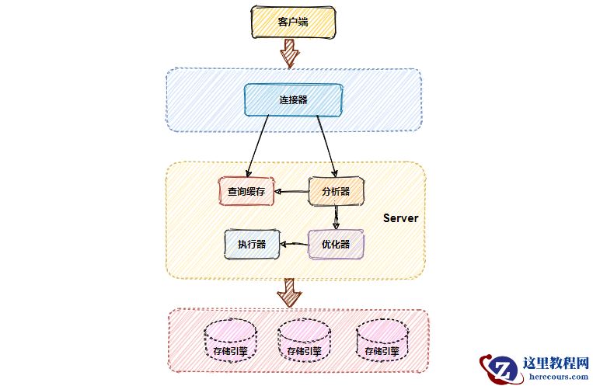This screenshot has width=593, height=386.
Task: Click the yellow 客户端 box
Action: [293, 22]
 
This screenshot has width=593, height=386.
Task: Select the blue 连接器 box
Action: [293, 99]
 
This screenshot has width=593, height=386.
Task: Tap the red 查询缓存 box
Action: [246, 191]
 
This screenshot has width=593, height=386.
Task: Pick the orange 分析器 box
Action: [336, 191]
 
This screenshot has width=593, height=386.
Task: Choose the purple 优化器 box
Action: [336, 244]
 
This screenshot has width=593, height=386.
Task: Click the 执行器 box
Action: [252, 244]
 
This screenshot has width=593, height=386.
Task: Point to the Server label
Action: [400, 218]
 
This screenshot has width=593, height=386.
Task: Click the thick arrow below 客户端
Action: [290, 53]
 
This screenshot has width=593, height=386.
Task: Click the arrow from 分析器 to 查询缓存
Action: [292, 192]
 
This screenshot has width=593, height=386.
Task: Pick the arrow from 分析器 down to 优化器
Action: [336, 217]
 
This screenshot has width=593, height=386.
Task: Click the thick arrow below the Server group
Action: [290, 292]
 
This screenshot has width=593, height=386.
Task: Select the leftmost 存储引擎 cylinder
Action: [231, 342]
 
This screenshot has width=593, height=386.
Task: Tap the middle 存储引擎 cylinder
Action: [304, 342]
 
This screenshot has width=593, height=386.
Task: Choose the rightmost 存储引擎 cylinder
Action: [382, 342]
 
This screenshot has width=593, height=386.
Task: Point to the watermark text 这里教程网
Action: [555, 361]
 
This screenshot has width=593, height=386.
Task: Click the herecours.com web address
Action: [555, 376]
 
